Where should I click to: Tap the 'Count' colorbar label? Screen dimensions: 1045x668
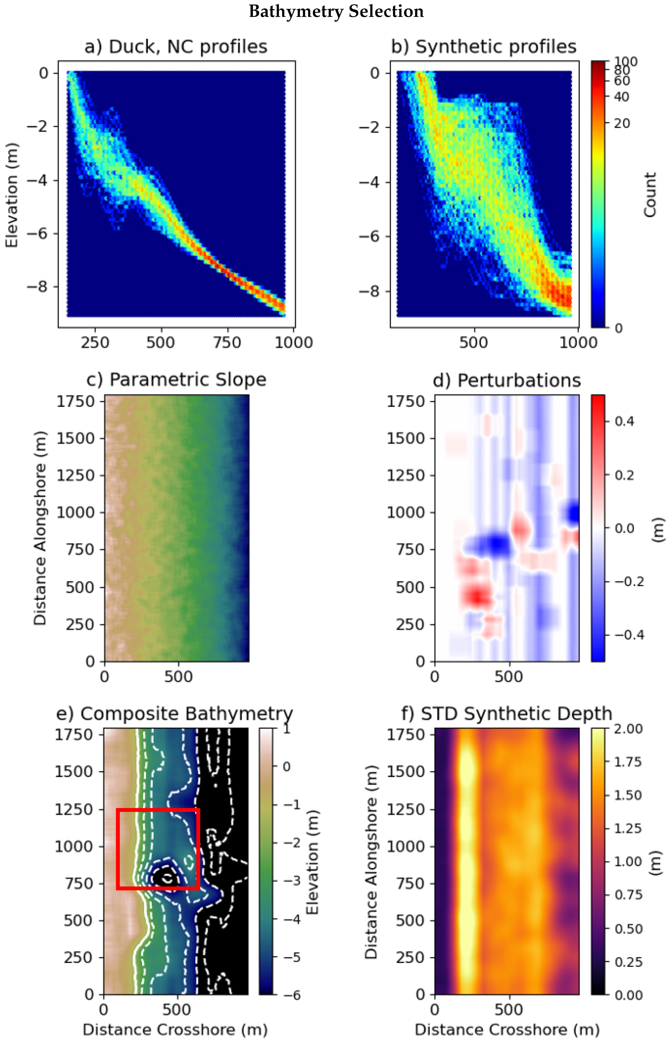click(x=649, y=195)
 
